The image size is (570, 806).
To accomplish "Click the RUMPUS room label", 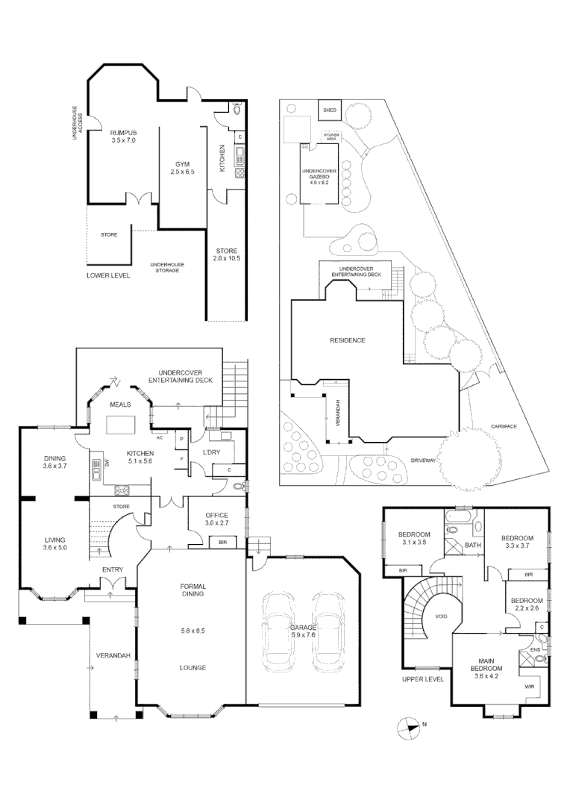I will (x=123, y=135).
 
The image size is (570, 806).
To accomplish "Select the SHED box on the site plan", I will (x=329, y=110).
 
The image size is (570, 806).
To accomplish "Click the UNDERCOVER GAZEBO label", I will (x=320, y=176).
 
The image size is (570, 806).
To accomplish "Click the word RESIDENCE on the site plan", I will (x=348, y=340).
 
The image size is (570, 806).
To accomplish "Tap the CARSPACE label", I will (x=504, y=426).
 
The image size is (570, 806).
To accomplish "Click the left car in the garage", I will (x=277, y=628).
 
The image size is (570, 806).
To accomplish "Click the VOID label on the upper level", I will (x=440, y=616).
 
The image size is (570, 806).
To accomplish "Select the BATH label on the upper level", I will (x=473, y=545).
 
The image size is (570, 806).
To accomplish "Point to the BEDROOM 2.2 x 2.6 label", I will (x=525, y=604).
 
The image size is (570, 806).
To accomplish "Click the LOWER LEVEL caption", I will (x=108, y=275).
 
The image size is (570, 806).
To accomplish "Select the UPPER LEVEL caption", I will (x=422, y=679).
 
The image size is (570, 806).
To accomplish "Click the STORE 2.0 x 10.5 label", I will (x=226, y=254).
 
